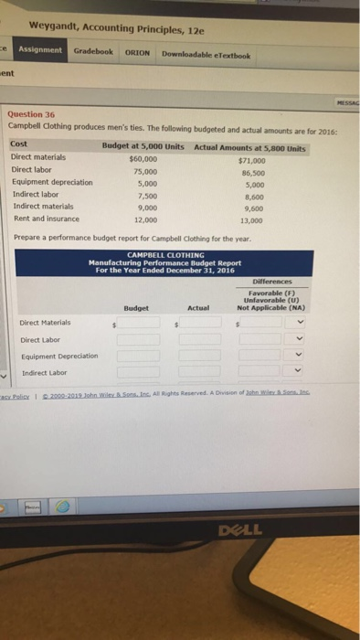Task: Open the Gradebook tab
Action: point(92,52)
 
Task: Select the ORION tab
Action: point(137,52)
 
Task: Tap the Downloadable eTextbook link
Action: point(206,54)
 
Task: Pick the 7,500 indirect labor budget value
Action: point(145,195)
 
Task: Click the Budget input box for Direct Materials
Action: point(140,323)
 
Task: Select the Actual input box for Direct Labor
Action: point(194,339)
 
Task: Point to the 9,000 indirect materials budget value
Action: point(145,207)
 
